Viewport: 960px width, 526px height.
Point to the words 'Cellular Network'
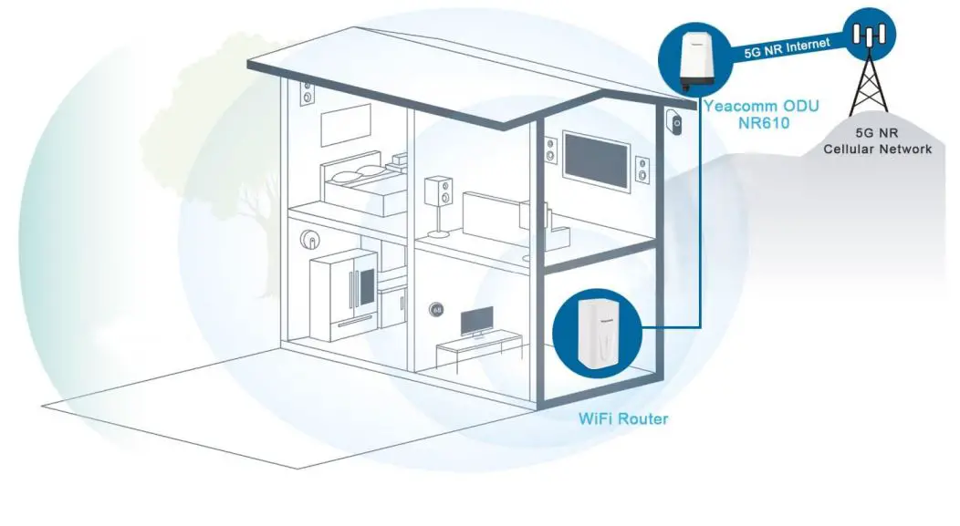(877, 148)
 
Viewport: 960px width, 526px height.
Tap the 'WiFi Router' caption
(623, 419)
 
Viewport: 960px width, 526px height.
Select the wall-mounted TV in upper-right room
(597, 160)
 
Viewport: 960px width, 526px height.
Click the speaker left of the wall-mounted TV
(550, 150)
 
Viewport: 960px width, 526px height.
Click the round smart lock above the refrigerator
(310, 241)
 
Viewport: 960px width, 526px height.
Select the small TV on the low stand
(475, 321)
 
